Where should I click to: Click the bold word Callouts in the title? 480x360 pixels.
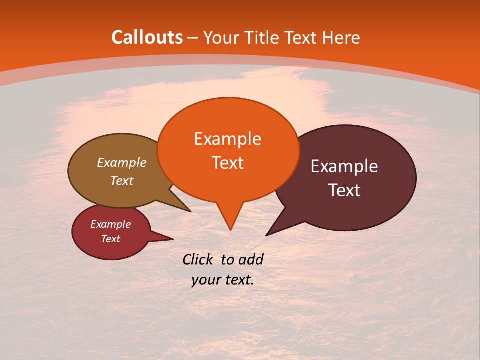[147, 37]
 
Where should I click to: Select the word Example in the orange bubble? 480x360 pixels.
[227, 139]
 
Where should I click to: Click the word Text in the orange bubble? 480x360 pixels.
[228, 163]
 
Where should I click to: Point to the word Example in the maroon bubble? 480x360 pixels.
[344, 166]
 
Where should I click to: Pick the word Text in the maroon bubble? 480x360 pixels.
[345, 190]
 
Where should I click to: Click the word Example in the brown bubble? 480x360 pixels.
[122, 162]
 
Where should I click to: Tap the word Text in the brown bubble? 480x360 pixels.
[122, 180]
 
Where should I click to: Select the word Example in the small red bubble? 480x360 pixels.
[111, 224]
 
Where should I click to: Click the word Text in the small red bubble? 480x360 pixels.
[111, 239]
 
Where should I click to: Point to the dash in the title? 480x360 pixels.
[193, 37]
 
